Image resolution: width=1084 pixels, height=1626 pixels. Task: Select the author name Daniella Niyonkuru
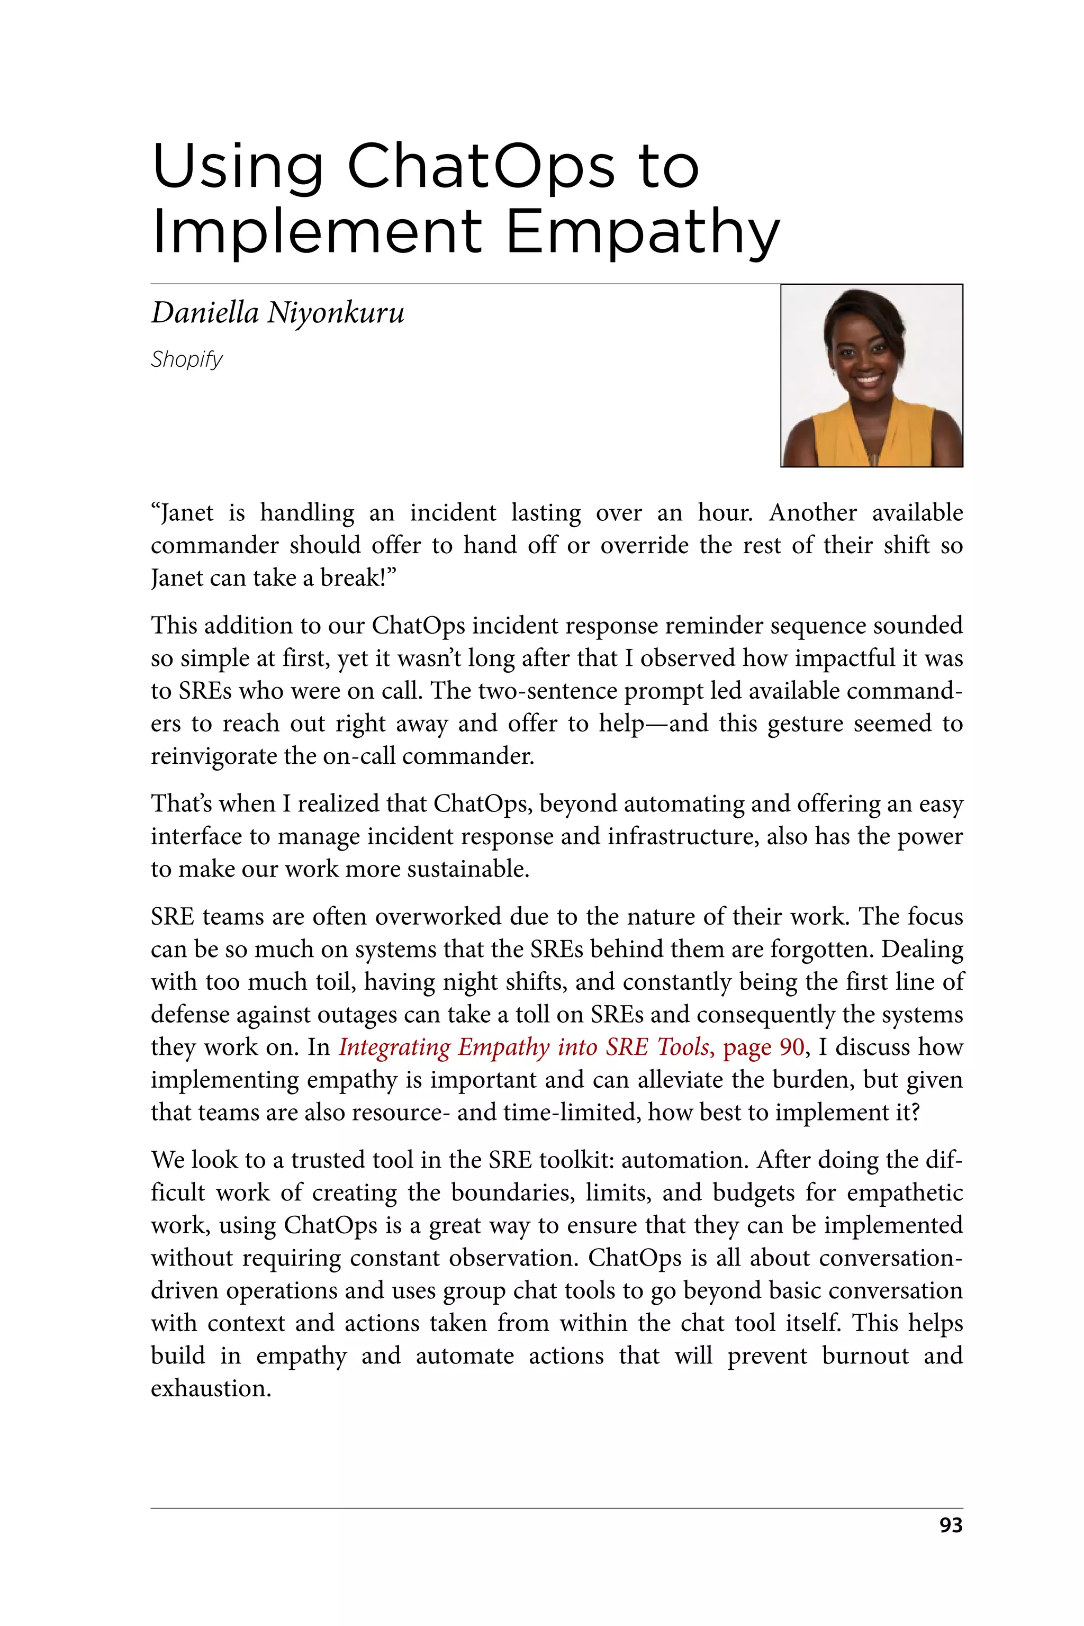coord(277,313)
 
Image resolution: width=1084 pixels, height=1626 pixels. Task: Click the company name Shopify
coord(187,359)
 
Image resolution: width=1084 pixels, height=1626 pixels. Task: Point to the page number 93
coord(951,1525)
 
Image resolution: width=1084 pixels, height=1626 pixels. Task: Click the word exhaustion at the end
coord(210,1388)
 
